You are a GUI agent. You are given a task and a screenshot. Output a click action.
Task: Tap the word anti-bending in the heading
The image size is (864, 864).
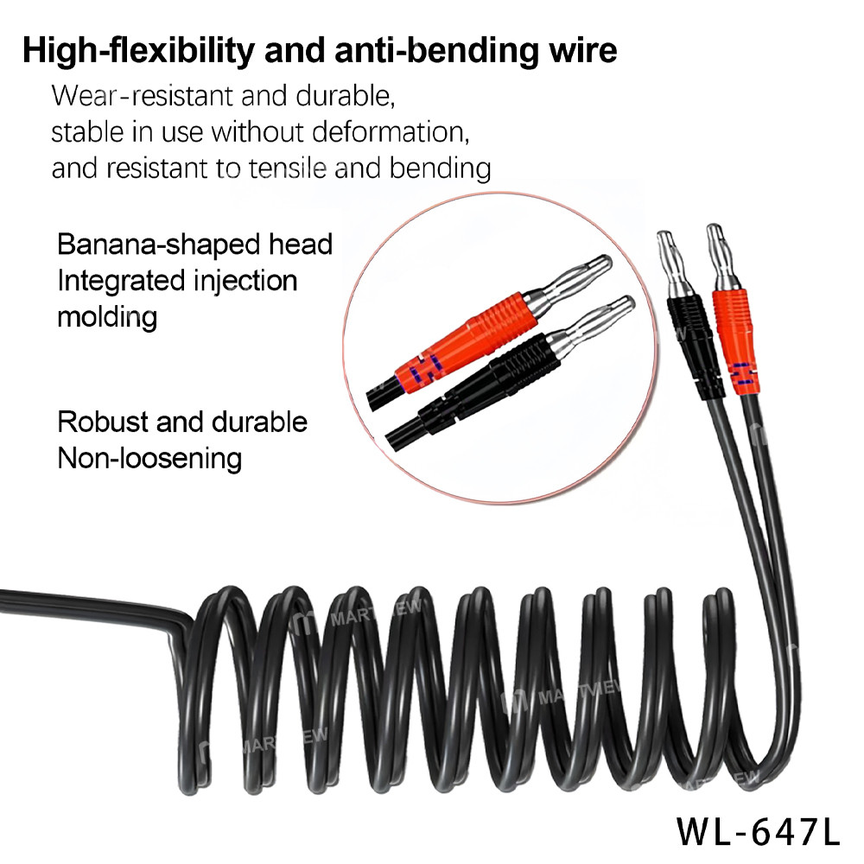pos(413,49)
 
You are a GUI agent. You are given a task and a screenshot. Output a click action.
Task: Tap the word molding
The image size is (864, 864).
pos(107,316)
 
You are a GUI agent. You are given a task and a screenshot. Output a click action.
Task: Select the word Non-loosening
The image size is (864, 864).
pos(149,458)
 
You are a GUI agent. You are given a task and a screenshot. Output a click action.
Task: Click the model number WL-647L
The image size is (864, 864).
pos(758,831)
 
